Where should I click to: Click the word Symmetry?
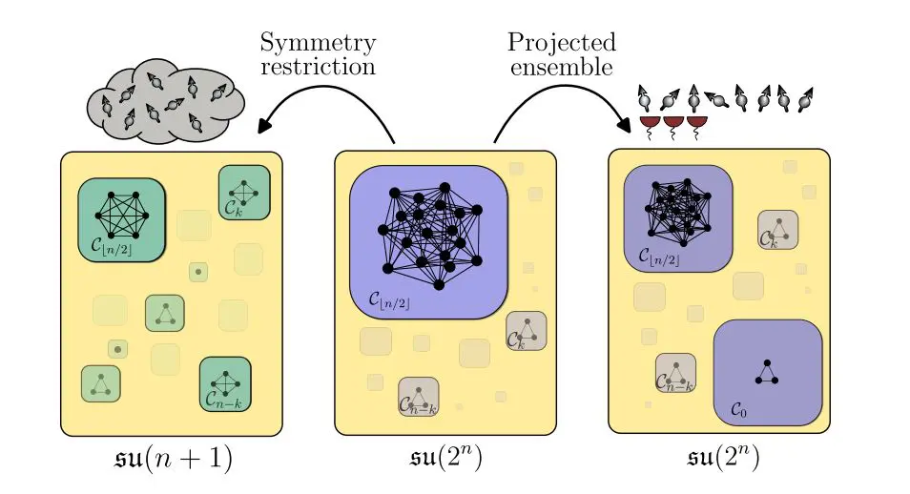coord(318,43)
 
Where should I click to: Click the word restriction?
coord(318,67)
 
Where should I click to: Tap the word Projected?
coord(561,43)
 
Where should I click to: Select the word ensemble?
coord(561,67)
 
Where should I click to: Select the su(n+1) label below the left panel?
coord(173,459)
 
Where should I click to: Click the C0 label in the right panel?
coord(738,408)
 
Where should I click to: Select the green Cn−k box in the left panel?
coord(225,384)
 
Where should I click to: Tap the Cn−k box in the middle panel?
coord(418,397)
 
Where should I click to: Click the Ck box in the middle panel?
coord(526,330)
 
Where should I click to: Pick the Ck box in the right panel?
coord(777,230)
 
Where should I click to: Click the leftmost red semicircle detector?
coord(651,123)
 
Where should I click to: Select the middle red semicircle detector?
coord(673,123)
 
